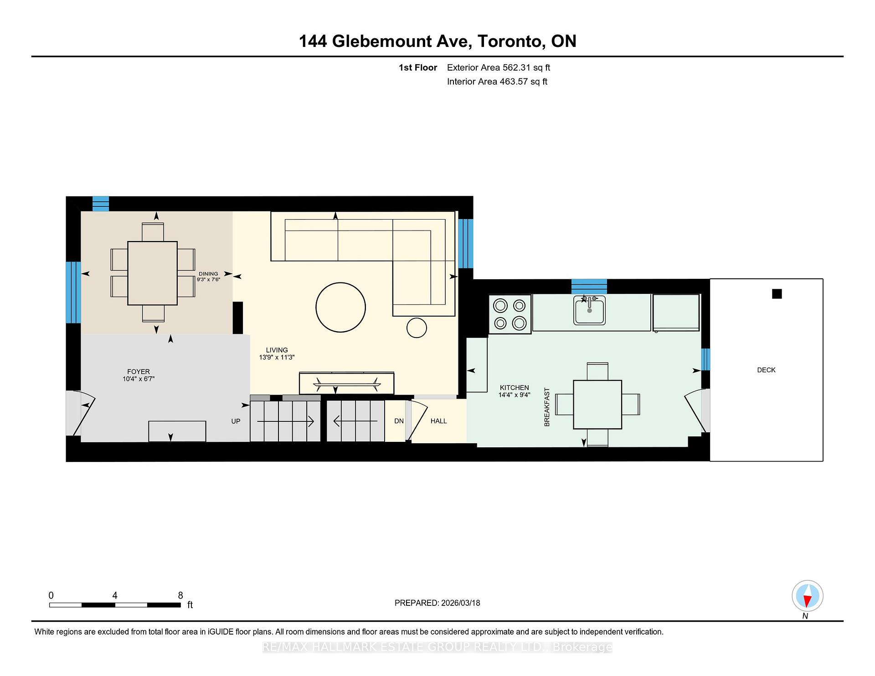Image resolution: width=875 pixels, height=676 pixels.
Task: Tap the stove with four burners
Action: [510, 314]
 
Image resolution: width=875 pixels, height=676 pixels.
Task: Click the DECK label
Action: [766, 370]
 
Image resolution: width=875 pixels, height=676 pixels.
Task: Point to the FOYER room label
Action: [139, 372]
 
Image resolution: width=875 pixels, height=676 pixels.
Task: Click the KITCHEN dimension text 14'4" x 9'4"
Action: [514, 395]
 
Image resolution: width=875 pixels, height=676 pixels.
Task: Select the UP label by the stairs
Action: [236, 421]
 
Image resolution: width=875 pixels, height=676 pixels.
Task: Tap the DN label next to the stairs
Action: [399, 421]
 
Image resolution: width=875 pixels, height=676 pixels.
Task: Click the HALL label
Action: [438, 421]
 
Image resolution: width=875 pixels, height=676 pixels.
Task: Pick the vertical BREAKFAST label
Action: [547, 407]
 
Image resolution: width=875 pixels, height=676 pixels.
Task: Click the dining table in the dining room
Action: [152, 273]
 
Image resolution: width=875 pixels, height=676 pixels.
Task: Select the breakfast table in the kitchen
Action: [597, 405]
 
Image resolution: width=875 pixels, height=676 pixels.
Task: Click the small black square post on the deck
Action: [777, 294]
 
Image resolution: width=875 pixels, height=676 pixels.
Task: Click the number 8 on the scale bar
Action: [180, 595]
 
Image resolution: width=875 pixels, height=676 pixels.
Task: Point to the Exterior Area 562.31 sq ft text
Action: [498, 67]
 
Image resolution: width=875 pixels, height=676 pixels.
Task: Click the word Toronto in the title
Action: [511, 41]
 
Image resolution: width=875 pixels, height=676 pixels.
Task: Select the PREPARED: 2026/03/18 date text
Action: [437, 603]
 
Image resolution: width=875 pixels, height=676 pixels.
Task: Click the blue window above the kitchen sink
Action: [589, 286]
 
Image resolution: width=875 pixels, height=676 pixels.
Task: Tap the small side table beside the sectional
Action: [416, 328]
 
